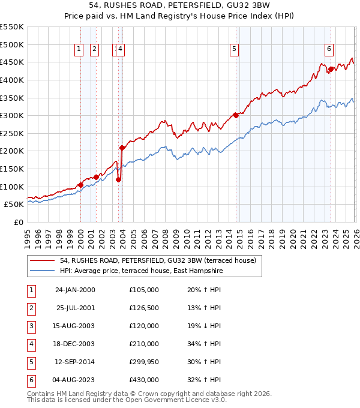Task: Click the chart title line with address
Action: click(x=180, y=7)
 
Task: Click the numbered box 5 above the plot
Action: click(x=234, y=50)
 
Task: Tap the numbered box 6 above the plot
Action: click(x=329, y=50)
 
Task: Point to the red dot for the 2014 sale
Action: click(x=236, y=115)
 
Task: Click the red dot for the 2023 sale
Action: click(x=331, y=69)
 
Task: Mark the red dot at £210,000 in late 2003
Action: click(x=122, y=148)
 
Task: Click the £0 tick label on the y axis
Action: click(x=18, y=222)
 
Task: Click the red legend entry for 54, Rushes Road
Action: click(x=158, y=260)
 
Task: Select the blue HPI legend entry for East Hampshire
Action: click(x=140, y=271)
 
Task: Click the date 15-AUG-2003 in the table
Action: click(x=74, y=326)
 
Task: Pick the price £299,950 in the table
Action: click(x=143, y=362)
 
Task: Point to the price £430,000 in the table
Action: click(x=143, y=380)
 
